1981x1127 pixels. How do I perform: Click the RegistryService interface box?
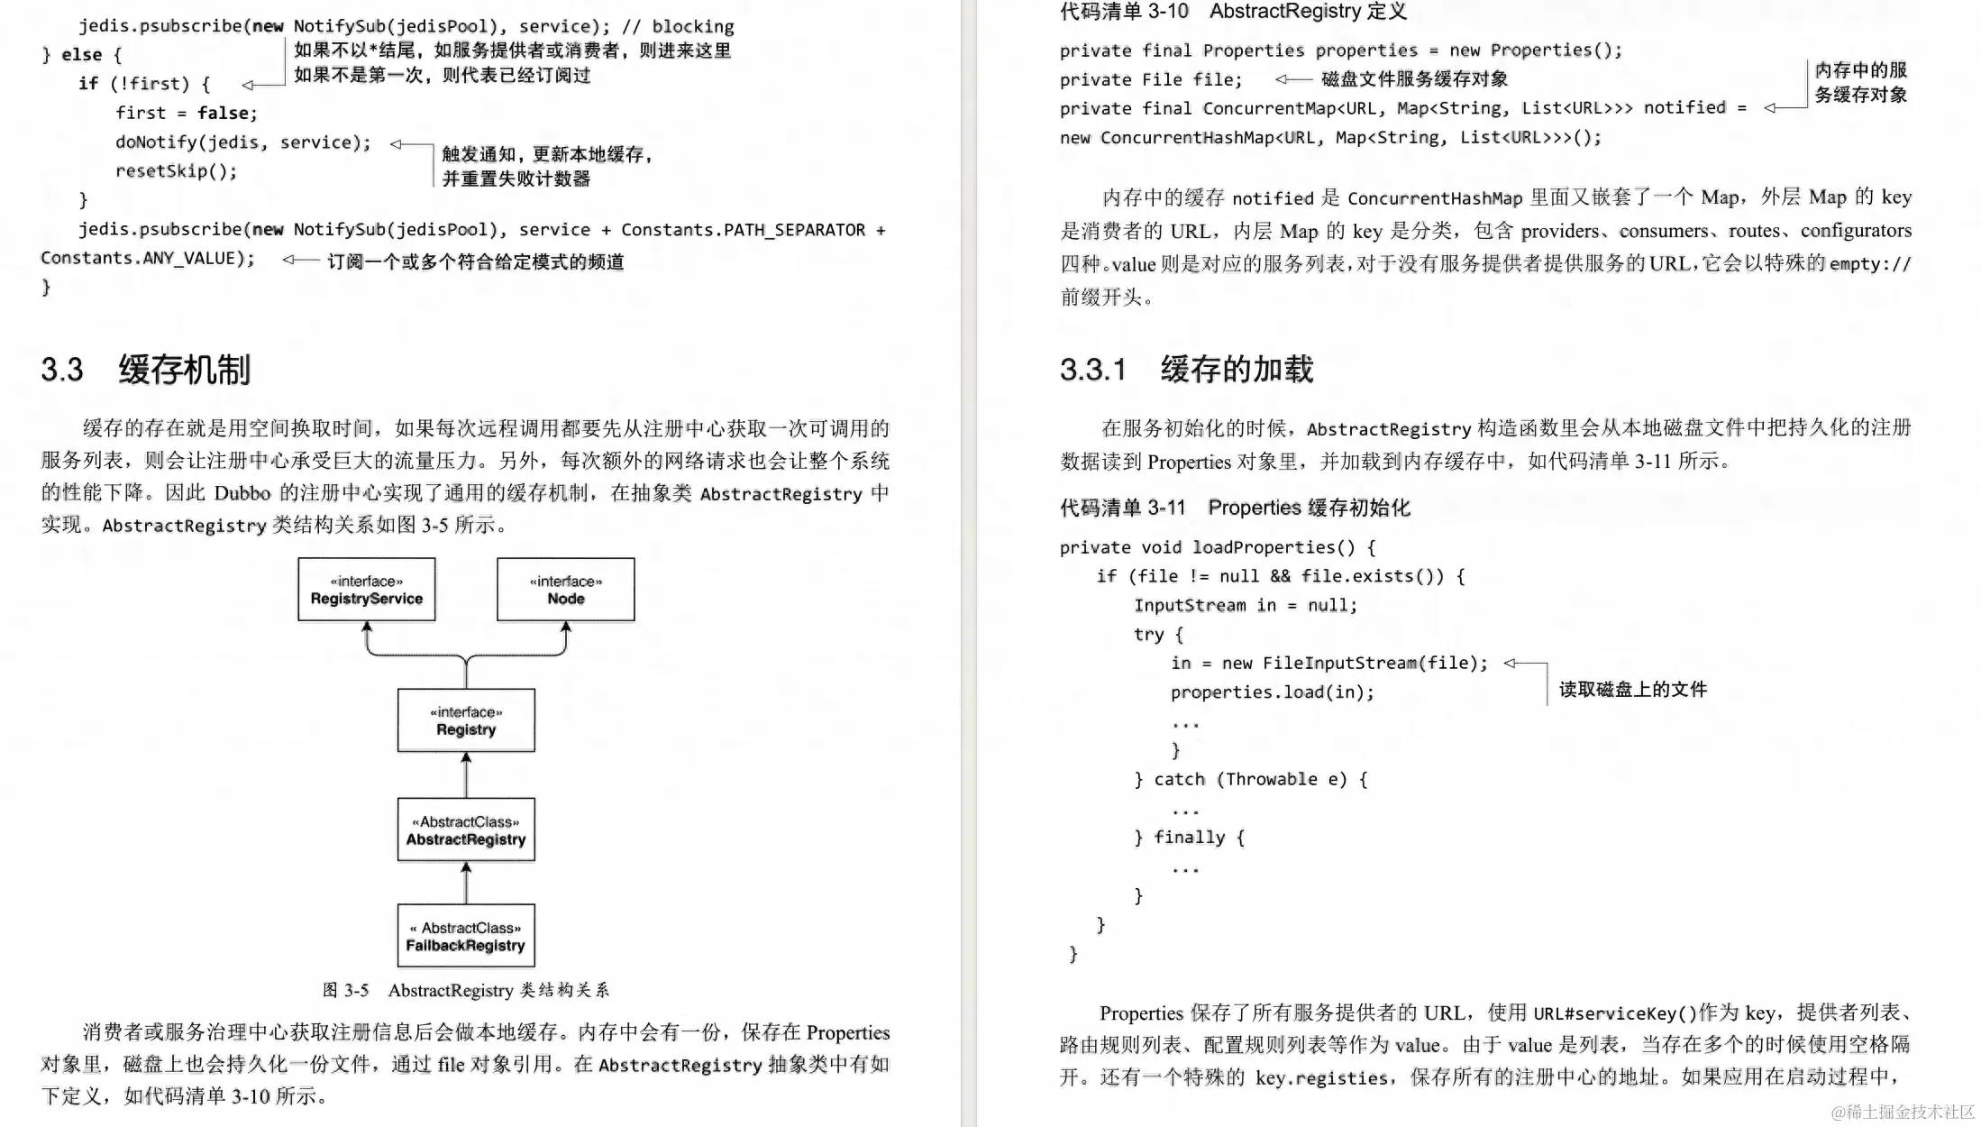[366, 590]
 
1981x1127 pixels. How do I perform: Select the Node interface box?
[565, 590]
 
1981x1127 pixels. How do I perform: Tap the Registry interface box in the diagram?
[466, 720]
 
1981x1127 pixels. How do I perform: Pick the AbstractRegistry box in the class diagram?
[466, 829]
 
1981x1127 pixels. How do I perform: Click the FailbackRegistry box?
[466, 936]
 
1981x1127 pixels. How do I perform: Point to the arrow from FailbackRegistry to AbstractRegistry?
[466, 883]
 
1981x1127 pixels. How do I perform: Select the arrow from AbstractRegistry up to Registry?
[466, 774]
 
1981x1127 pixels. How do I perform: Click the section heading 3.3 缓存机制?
[145, 370]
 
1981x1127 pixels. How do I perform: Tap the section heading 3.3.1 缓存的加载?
[1186, 370]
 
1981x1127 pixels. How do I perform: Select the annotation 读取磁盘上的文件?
[1632, 690]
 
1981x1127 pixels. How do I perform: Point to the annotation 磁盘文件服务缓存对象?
[1414, 79]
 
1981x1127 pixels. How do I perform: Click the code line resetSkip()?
[176, 171]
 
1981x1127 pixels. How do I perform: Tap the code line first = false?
[186, 113]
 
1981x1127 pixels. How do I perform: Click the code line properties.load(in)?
[1272, 692]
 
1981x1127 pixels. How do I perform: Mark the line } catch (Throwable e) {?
[1250, 779]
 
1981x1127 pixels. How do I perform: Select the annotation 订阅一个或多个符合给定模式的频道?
[475, 261]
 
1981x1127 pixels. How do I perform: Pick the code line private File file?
[1150, 79]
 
